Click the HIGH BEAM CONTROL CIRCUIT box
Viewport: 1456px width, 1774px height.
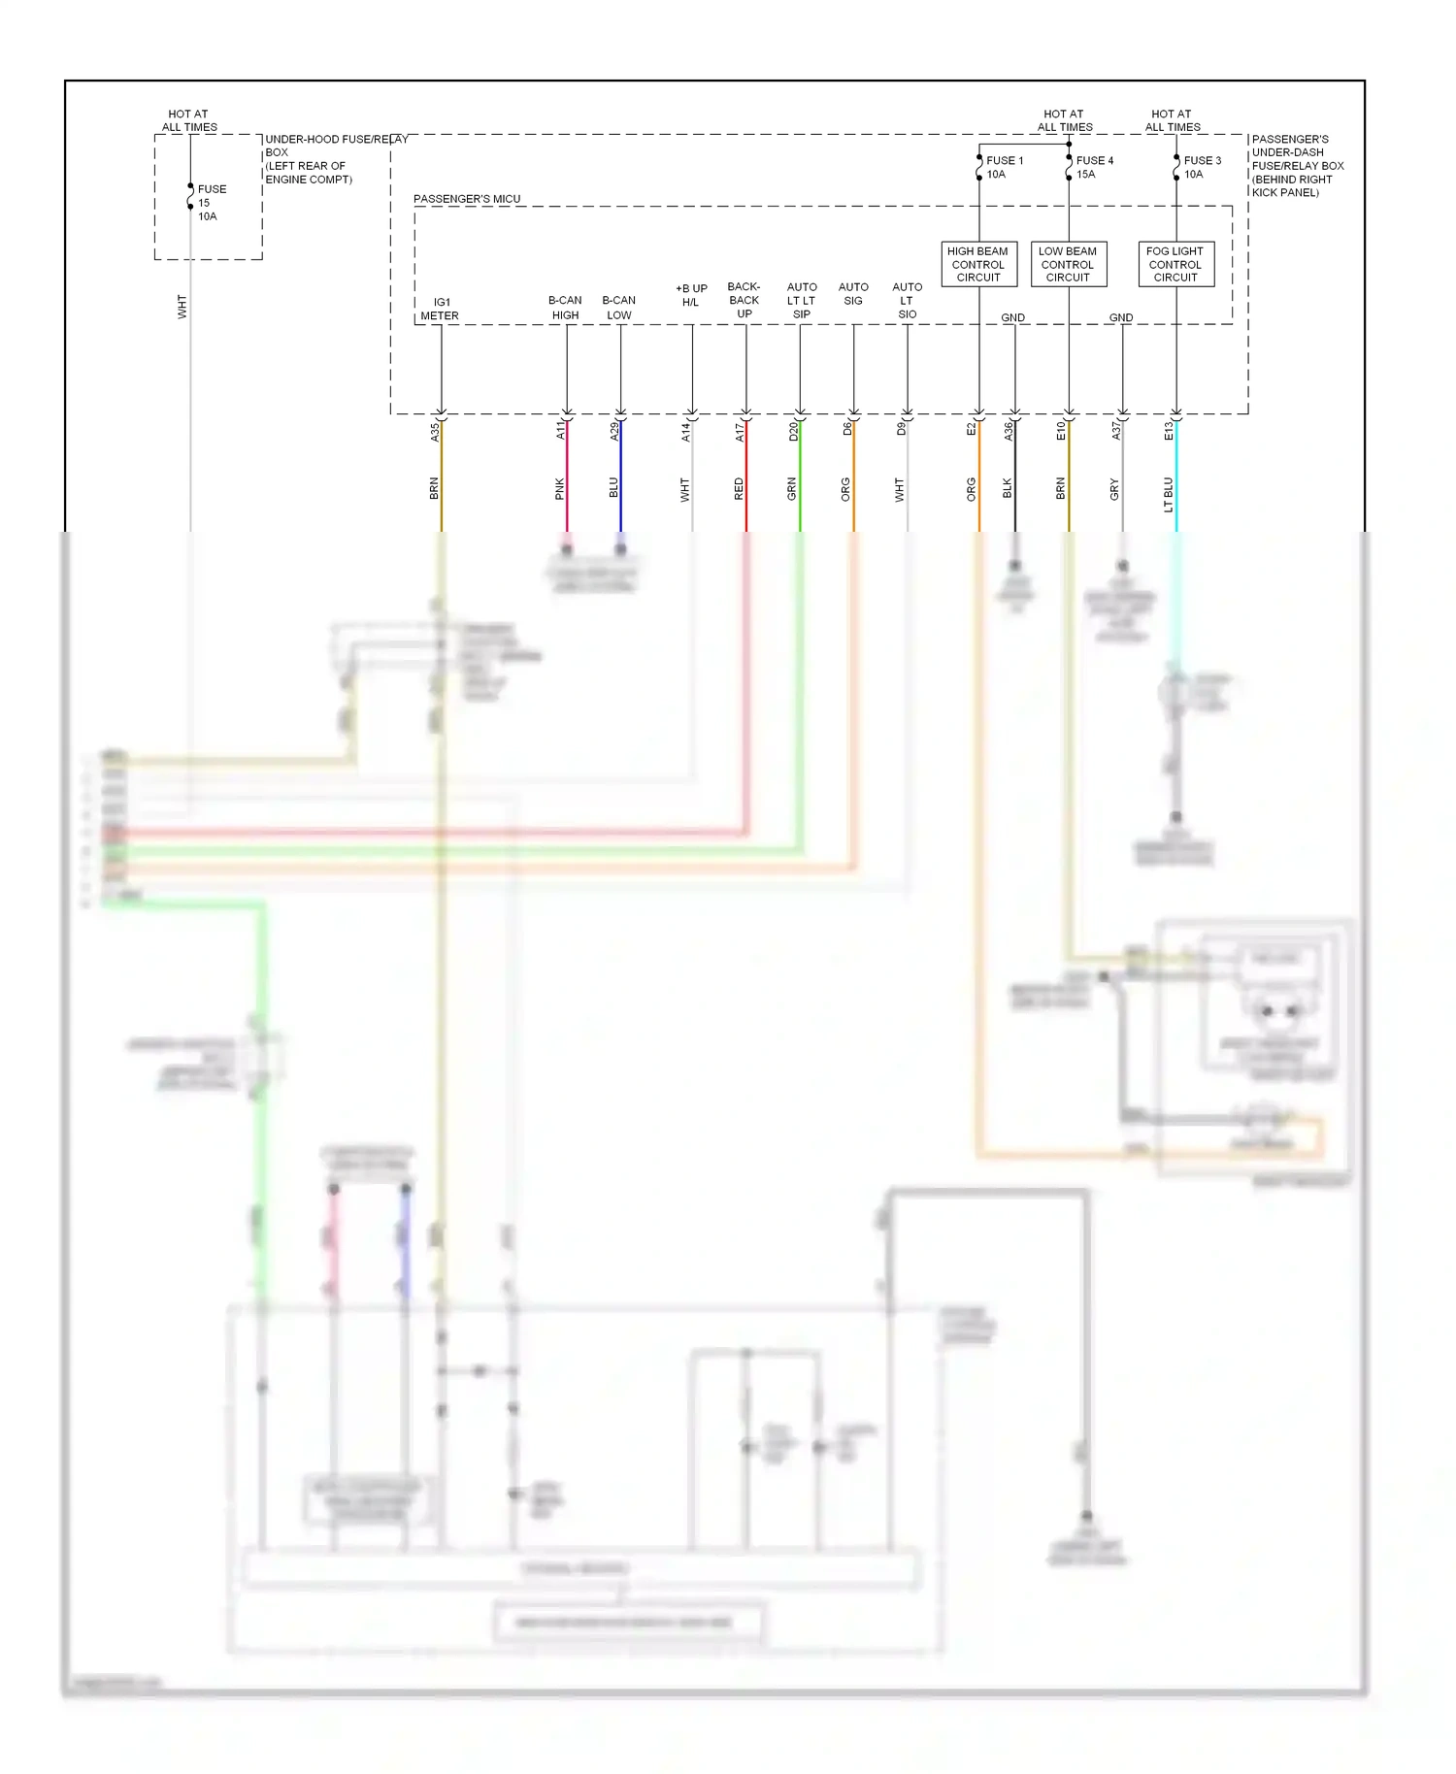coord(978,264)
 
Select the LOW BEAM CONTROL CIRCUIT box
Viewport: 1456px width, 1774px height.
coord(1068,264)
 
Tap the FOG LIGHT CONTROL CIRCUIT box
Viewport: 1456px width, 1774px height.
coord(1175,264)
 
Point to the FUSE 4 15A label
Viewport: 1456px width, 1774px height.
coord(1094,167)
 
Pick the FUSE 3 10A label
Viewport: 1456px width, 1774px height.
coord(1202,167)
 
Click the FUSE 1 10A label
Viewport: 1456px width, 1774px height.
coord(1004,167)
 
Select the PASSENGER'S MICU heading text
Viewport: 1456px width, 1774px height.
coord(467,199)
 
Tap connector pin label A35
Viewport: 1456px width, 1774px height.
coord(435,432)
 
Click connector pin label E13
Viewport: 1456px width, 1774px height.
coord(1169,431)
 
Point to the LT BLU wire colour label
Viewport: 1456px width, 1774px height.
coord(1169,494)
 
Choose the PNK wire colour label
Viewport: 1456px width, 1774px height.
coord(560,489)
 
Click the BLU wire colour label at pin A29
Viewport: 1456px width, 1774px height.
coord(613,488)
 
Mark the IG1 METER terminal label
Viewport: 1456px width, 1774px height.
coord(440,309)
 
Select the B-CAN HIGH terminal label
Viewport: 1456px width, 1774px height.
coord(565,308)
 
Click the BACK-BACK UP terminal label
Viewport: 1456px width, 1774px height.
coord(744,300)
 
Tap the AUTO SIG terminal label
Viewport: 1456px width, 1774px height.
coord(853,294)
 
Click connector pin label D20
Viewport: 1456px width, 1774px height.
coord(793,432)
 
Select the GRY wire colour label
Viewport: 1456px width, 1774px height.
coord(1114,489)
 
